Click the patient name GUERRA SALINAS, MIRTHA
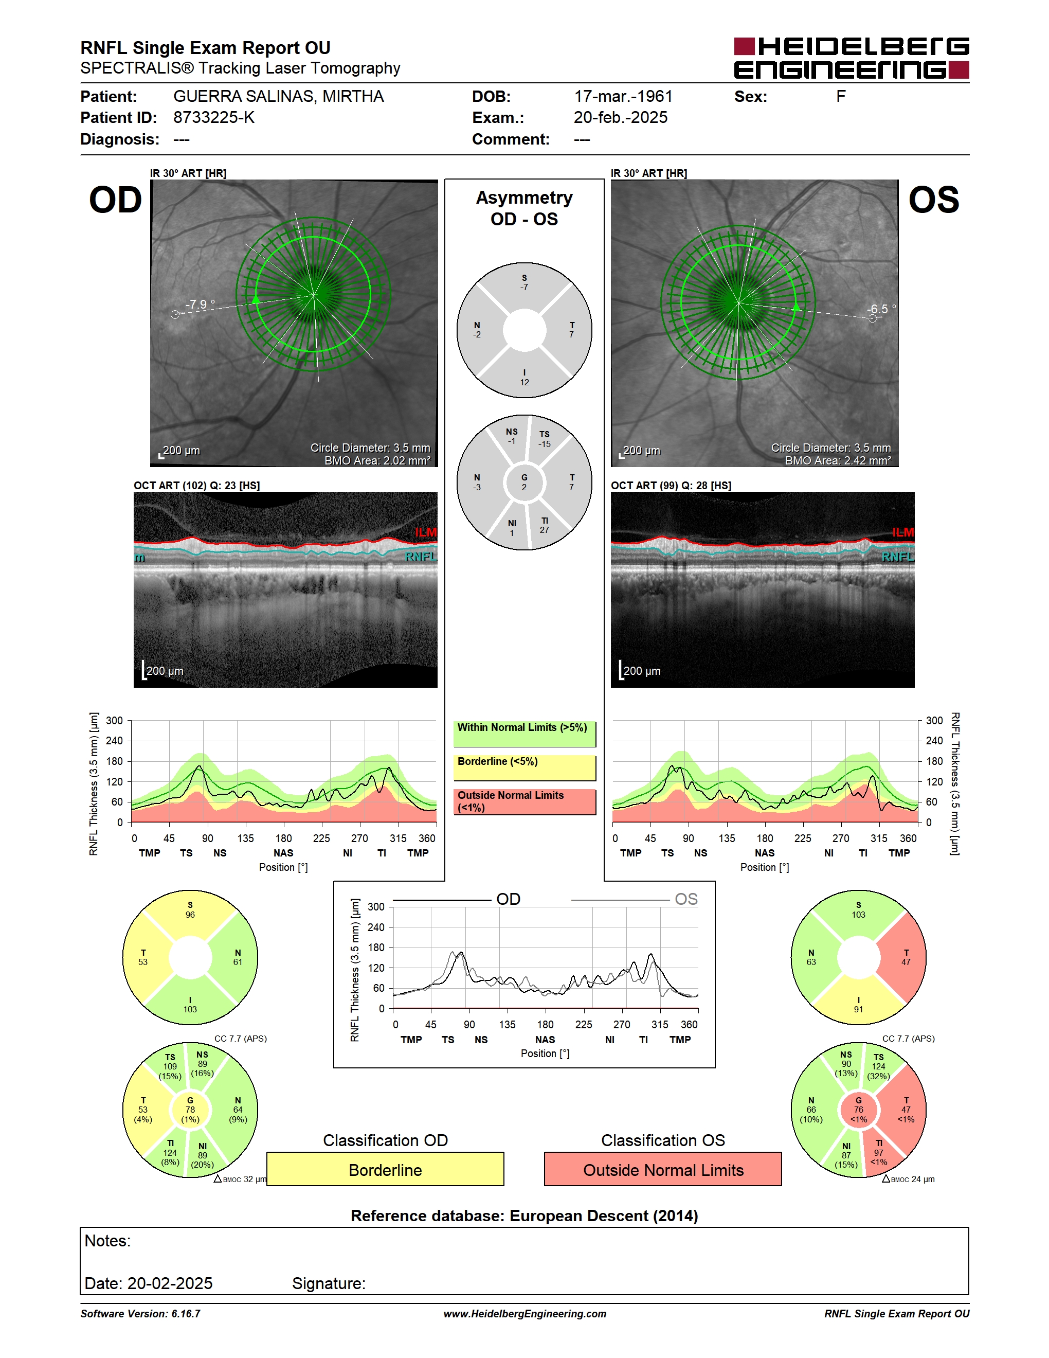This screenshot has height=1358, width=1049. pos(278,96)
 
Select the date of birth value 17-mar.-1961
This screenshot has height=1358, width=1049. pos(623,96)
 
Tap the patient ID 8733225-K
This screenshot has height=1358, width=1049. pos(214,117)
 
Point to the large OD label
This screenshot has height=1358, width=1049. pos(116,200)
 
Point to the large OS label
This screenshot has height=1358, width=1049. pos(933,200)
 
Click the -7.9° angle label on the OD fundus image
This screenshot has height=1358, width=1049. pos(200,304)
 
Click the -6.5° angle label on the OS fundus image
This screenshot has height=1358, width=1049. pos(881,309)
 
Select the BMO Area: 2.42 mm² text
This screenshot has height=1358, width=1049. pos(838,461)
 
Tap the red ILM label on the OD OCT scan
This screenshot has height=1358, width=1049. pos(426,532)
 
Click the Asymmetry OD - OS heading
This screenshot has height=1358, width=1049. pos(524,208)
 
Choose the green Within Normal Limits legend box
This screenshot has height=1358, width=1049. pos(524,734)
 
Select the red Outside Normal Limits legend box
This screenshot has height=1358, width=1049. pos(524,801)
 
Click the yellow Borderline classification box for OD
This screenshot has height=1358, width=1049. pos(385,1170)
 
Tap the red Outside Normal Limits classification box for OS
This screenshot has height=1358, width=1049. pos(663,1170)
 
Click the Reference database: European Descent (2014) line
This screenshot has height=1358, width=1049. pos(524,1216)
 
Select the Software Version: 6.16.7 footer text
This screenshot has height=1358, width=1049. pos(140,1314)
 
